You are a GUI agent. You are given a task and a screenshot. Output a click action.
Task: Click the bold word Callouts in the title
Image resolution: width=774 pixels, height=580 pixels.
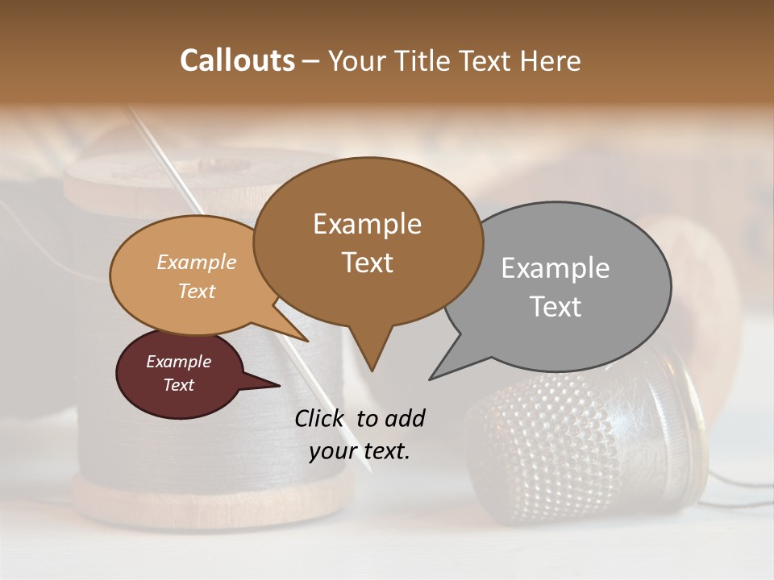[x=237, y=61]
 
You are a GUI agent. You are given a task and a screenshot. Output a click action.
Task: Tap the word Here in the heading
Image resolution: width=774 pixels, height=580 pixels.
[x=549, y=61]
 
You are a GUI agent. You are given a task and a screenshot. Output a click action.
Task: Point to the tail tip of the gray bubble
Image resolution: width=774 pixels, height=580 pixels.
[x=432, y=378]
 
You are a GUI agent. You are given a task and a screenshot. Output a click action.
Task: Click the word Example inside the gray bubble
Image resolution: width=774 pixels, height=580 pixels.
[x=556, y=268]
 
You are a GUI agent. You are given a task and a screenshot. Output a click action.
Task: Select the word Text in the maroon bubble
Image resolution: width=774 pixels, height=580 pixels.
[x=179, y=385]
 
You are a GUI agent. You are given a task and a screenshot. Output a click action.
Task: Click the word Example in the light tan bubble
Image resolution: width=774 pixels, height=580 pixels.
[x=197, y=263]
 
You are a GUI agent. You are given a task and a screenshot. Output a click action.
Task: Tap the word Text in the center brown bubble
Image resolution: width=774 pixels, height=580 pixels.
[x=368, y=263]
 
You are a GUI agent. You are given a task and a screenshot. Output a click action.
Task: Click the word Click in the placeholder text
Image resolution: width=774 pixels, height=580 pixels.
[x=321, y=418]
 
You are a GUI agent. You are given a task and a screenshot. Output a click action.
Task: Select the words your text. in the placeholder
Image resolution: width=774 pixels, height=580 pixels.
[x=360, y=451]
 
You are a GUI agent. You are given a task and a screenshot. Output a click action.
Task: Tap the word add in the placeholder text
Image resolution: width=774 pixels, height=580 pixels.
[x=404, y=418]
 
